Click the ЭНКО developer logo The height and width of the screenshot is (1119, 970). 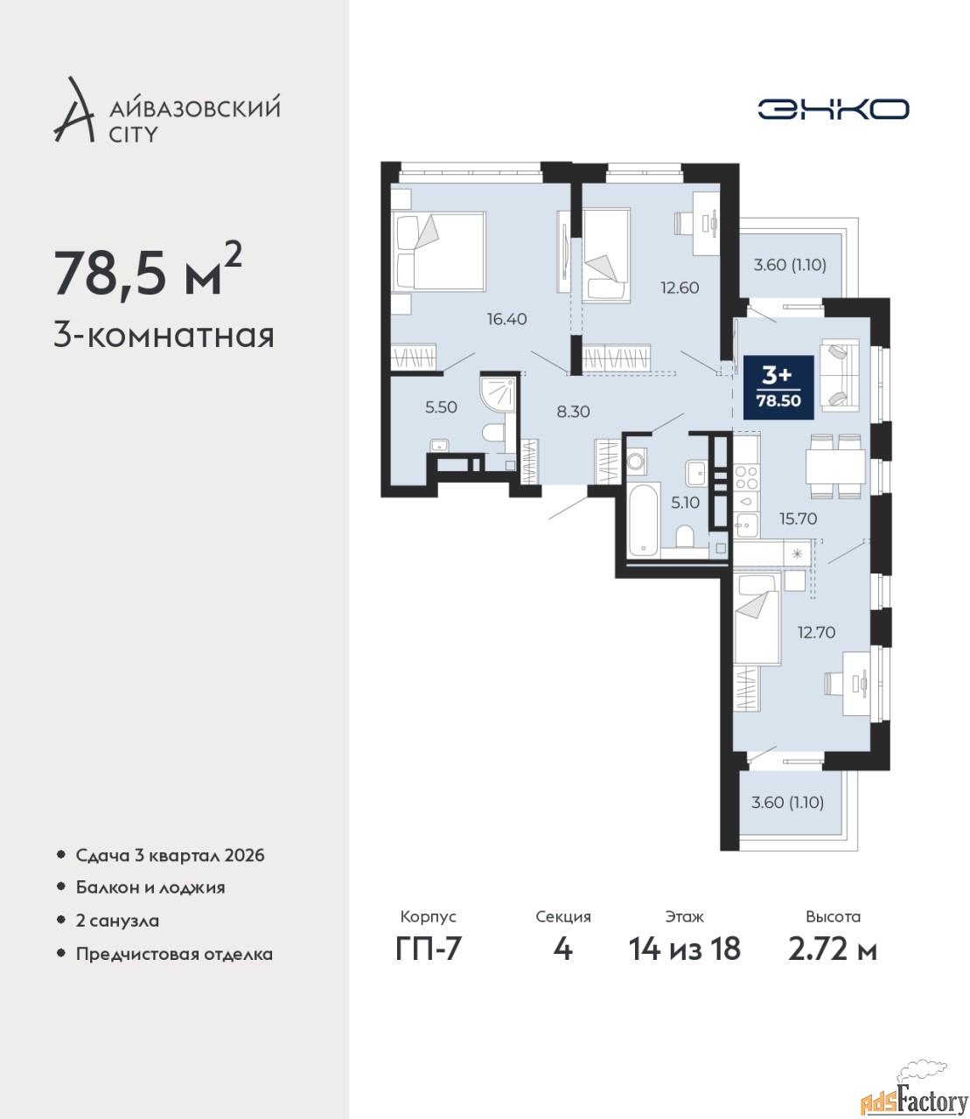coord(833,108)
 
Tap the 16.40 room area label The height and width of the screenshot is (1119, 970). coord(506,319)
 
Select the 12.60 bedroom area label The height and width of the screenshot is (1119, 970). coord(680,288)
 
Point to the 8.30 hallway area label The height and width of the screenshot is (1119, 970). coord(573,412)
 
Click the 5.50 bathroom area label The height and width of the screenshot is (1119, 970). coord(441,407)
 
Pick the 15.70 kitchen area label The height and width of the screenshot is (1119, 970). coord(799,518)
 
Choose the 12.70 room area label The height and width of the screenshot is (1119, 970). coord(816,632)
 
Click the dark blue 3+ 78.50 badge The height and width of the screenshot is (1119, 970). coord(778,387)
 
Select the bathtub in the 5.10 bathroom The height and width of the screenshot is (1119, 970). coord(644,520)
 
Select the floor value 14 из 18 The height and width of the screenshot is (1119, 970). coord(684,964)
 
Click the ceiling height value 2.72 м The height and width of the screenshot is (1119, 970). coord(833,964)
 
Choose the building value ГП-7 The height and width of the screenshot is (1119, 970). coord(428,964)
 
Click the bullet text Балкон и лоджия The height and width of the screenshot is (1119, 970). coord(150,888)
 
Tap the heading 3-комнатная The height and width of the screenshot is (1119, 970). coord(164,337)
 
